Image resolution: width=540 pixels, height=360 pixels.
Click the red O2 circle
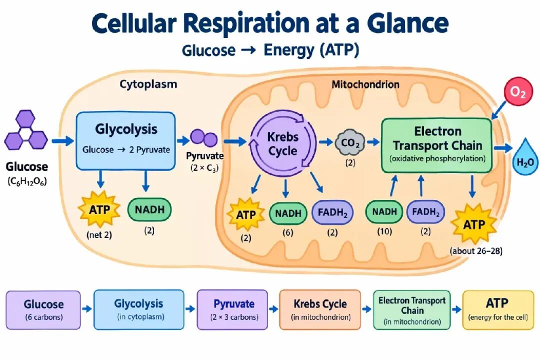pyautogui.click(x=517, y=91)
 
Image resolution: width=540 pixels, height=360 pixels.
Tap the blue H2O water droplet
pyautogui.click(x=525, y=158)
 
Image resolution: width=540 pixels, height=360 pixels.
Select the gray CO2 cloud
pyautogui.click(x=350, y=142)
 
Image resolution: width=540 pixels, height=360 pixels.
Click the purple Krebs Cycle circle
pyautogui.click(x=282, y=143)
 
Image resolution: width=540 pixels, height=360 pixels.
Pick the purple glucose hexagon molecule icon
pyautogui.click(x=26, y=129)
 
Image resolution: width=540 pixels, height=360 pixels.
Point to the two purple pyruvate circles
pyautogui.click(x=204, y=138)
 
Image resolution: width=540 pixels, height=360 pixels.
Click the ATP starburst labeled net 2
pyautogui.click(x=99, y=209)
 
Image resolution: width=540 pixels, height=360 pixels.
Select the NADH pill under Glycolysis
pyautogui.click(x=149, y=209)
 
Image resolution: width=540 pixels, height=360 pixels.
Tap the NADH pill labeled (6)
pyautogui.click(x=288, y=213)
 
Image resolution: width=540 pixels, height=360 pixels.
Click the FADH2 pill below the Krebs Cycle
pyautogui.click(x=332, y=212)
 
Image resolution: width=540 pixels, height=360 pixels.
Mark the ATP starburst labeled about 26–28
pyautogui.click(x=474, y=224)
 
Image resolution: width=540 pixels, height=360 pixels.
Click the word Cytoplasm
pyautogui.click(x=148, y=84)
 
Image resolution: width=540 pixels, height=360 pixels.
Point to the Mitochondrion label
pyautogui.click(x=365, y=84)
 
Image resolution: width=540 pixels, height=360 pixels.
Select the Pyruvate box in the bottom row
pyautogui.click(x=232, y=309)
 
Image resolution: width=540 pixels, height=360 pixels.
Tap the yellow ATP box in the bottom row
pyautogui.click(x=497, y=309)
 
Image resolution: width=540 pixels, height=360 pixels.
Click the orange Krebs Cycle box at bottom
pyautogui.click(x=320, y=309)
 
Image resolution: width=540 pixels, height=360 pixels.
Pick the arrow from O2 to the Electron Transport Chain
pyautogui.click(x=499, y=110)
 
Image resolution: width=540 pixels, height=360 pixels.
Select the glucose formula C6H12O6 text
pyautogui.click(x=27, y=181)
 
